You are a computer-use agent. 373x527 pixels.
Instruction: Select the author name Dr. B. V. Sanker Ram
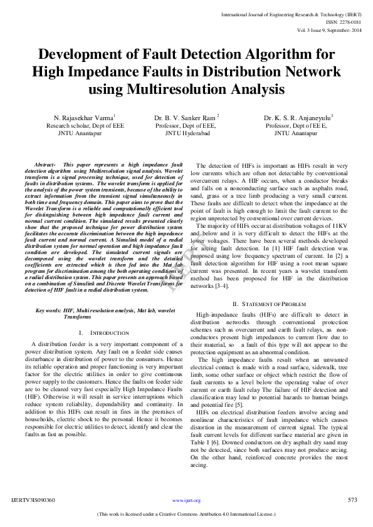[186, 118]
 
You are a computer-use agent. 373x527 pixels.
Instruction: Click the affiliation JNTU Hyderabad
[187, 133]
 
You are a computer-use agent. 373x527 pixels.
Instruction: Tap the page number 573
[352, 500]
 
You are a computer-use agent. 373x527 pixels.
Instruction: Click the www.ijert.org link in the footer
[186, 501]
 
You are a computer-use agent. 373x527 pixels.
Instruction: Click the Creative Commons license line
[186, 514]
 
